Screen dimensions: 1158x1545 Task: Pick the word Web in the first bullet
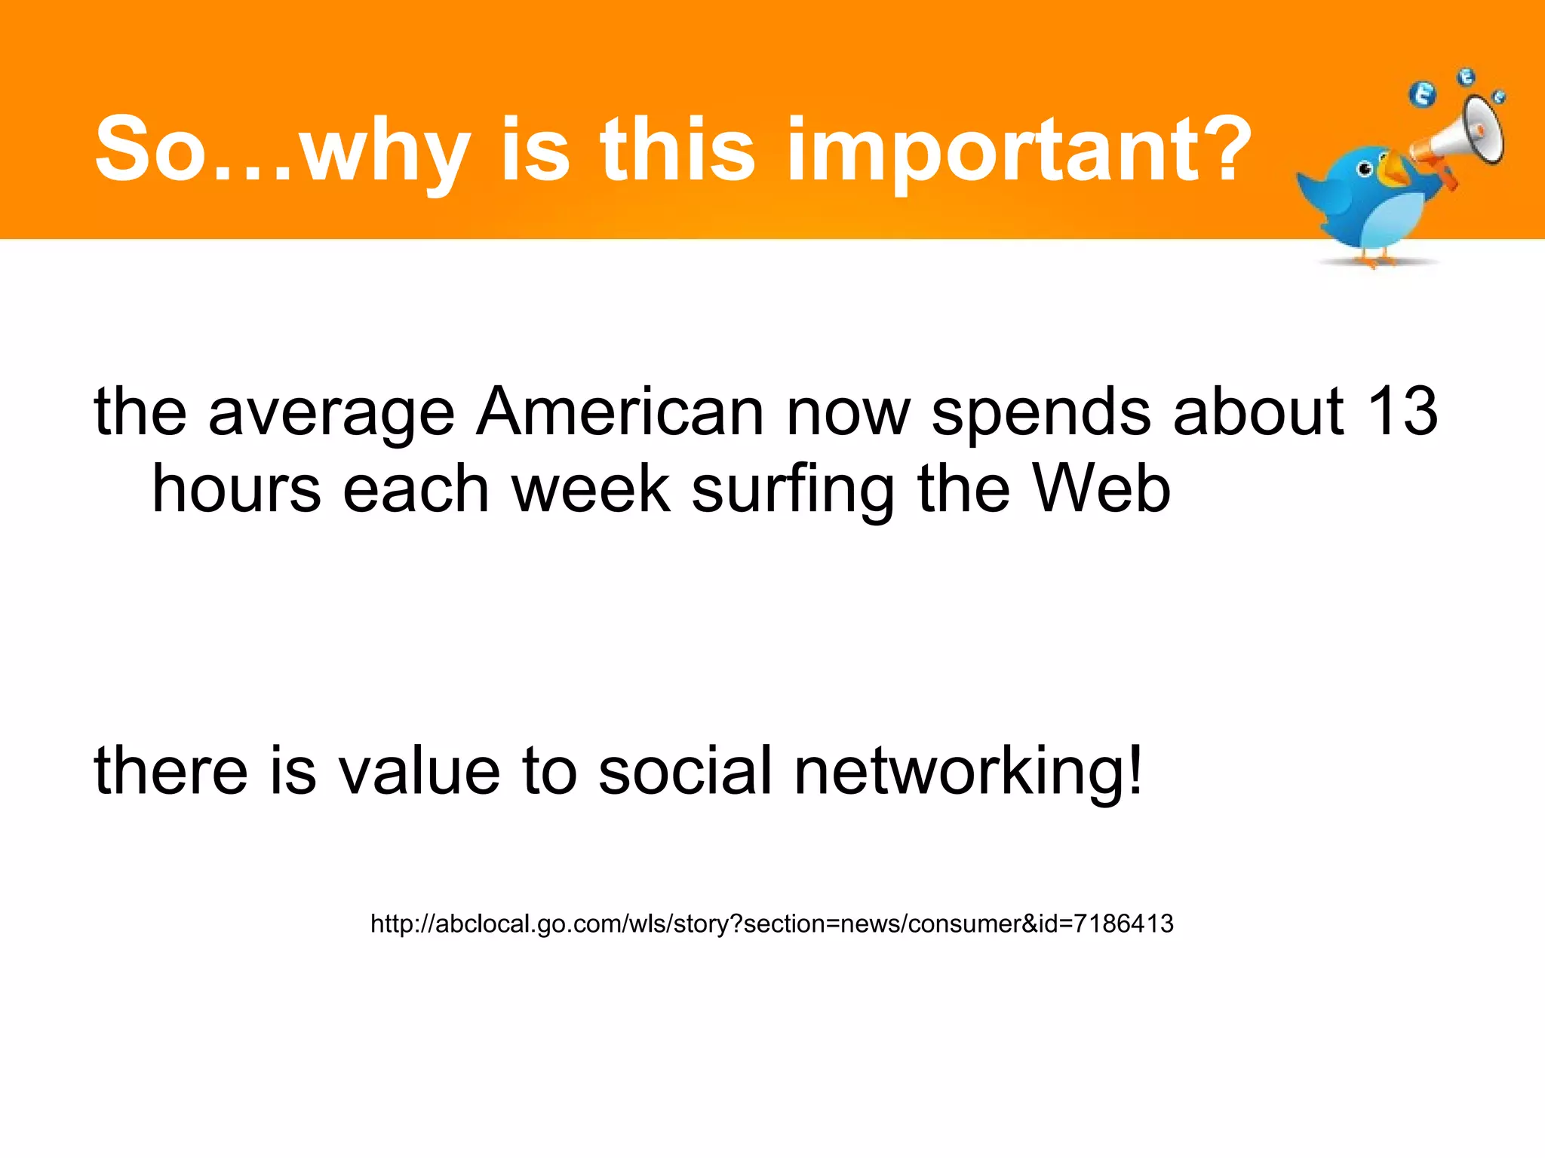1101,489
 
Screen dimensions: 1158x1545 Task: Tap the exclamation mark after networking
1134,769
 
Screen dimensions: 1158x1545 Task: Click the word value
419,770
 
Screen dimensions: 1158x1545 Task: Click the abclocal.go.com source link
772,924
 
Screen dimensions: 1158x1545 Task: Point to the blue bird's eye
1365,169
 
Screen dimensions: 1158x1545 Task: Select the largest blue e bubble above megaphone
1423,95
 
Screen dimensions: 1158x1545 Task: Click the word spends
1041,413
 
